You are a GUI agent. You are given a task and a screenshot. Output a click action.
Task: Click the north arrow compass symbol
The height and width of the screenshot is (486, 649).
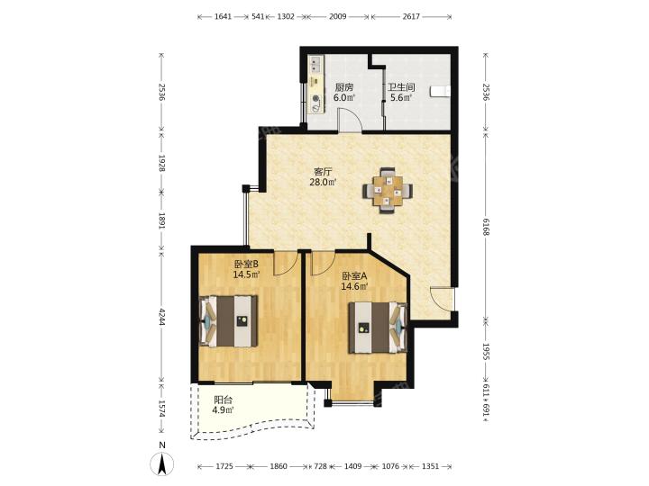point(162,463)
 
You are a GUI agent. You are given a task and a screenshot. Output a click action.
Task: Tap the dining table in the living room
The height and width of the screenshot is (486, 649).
point(388,191)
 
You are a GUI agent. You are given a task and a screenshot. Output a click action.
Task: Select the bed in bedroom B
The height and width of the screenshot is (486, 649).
point(229,321)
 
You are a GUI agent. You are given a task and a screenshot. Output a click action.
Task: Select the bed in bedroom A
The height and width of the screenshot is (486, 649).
point(379,328)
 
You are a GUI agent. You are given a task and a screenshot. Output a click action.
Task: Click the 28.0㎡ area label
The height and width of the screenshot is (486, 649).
point(323,182)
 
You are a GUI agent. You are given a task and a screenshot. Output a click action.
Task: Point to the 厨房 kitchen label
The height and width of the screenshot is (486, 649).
point(344,87)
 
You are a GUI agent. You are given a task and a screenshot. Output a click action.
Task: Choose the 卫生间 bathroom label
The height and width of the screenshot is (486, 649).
point(401,87)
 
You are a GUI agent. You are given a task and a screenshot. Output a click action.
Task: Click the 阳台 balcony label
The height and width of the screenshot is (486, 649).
point(224,400)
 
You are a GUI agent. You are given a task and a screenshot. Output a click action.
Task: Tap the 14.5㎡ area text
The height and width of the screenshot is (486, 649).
point(247,274)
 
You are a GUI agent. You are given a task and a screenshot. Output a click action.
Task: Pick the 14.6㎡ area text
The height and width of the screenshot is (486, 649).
point(355,286)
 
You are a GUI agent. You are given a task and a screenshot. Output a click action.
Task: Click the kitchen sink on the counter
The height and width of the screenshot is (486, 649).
point(316,64)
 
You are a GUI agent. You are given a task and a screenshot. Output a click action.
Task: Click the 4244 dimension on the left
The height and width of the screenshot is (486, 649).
point(162,315)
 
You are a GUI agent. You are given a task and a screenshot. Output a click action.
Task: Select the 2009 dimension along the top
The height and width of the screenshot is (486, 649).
point(338,16)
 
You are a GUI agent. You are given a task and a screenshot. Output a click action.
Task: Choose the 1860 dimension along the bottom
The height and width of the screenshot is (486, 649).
point(279,466)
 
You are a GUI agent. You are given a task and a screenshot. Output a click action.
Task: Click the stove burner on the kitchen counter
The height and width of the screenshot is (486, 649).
point(316,99)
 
